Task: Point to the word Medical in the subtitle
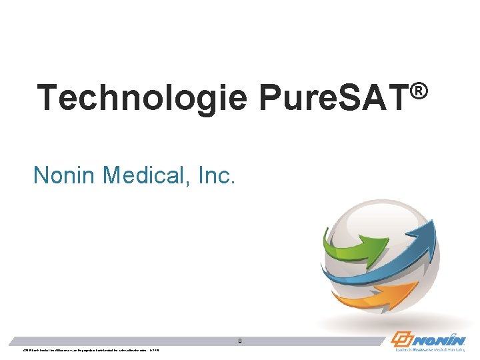141,175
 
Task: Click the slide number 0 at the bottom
240,341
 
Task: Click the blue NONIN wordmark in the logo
441,337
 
